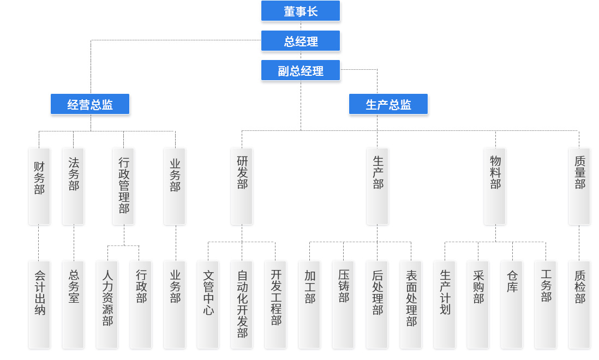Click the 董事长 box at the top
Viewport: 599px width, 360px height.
(x=300, y=11)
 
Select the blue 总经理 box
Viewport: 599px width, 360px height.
(x=300, y=41)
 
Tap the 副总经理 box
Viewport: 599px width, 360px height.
(x=300, y=70)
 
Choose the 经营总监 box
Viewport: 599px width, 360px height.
(x=90, y=104)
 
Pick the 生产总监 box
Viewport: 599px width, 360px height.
(x=388, y=104)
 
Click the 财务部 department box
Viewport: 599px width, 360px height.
(x=39, y=186)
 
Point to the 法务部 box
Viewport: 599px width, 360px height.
(x=73, y=186)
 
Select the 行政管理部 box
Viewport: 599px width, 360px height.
(x=123, y=186)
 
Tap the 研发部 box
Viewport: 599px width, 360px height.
(x=242, y=186)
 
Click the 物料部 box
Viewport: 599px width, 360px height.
(x=495, y=186)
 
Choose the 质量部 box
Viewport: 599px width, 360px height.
(x=579, y=186)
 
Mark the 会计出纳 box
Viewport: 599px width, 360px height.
(x=39, y=304)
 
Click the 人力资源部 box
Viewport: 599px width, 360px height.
(x=107, y=304)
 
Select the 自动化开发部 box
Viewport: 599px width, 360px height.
(x=242, y=304)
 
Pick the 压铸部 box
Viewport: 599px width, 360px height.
(x=343, y=304)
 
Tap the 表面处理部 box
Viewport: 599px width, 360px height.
(x=411, y=304)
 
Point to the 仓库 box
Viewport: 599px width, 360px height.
(x=512, y=304)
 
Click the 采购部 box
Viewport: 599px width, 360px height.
(x=478, y=304)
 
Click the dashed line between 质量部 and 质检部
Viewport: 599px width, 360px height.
(x=579, y=243)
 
